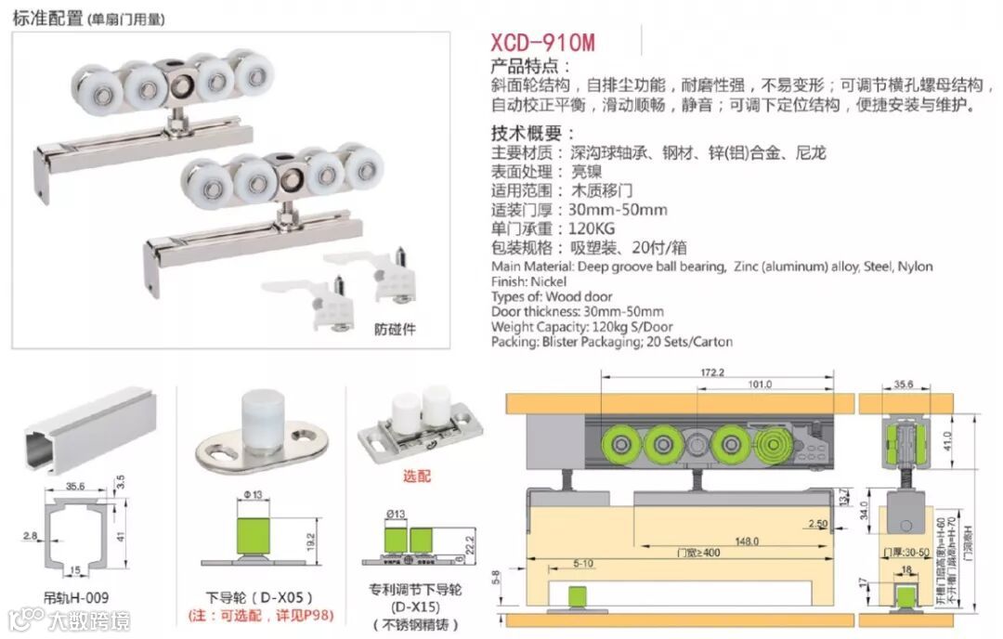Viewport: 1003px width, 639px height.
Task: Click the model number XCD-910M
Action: click(x=543, y=43)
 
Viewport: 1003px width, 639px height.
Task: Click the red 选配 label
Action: click(x=418, y=476)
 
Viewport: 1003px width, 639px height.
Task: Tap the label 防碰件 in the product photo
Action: click(x=396, y=329)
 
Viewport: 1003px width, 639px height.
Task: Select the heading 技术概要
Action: click(x=532, y=133)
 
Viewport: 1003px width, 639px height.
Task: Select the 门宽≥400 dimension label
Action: click(x=697, y=553)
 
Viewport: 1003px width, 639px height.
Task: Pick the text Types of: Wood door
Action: click(x=547, y=296)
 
